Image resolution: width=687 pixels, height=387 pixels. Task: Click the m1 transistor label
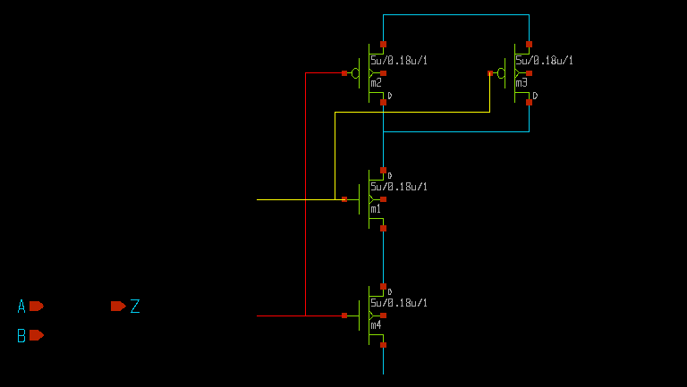[x=376, y=209]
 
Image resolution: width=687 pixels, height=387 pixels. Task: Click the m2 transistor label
[x=376, y=83]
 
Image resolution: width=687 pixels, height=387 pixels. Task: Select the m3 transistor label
[x=522, y=83]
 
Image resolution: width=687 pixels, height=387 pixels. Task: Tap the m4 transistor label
[x=376, y=325]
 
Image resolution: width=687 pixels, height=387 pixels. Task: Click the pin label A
[x=21, y=307]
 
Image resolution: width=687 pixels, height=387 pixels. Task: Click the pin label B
[x=21, y=336]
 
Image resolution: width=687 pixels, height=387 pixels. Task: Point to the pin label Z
[x=135, y=307]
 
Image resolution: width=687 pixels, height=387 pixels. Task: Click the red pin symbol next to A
[x=36, y=306]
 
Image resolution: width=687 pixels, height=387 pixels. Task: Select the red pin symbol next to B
[x=36, y=335]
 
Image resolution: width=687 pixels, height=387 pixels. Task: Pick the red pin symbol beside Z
[x=118, y=306]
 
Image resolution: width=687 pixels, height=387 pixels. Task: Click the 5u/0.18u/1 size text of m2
[x=399, y=61]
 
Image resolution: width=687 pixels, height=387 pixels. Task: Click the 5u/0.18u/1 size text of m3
[x=545, y=61]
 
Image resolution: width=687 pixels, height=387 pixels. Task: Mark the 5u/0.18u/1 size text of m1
[x=399, y=187]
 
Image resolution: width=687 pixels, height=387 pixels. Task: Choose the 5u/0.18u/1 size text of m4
[x=399, y=303]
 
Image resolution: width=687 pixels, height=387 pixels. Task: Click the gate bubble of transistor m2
[x=355, y=73]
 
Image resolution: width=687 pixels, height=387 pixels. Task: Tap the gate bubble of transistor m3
[x=501, y=73]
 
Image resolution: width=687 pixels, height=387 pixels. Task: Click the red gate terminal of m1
[x=344, y=199]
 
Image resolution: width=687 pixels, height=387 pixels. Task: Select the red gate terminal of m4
[x=344, y=315]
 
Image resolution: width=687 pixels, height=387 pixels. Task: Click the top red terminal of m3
[x=529, y=44]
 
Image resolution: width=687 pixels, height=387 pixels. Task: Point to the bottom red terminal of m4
[x=383, y=345]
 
